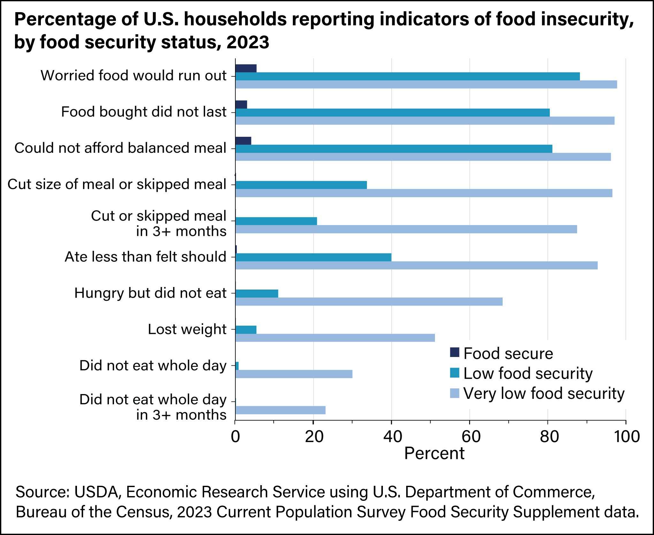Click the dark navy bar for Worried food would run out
point(246,68)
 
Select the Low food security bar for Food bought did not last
point(392,113)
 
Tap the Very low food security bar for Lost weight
point(335,338)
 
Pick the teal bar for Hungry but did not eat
point(257,294)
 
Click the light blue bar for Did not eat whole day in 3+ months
point(280,410)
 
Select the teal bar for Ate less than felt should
point(313,257)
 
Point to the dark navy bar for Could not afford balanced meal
point(243,141)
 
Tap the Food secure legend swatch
point(454,353)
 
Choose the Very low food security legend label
point(544,393)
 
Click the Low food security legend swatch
point(454,373)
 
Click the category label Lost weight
point(187,330)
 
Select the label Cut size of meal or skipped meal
point(117,185)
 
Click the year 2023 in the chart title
point(248,43)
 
